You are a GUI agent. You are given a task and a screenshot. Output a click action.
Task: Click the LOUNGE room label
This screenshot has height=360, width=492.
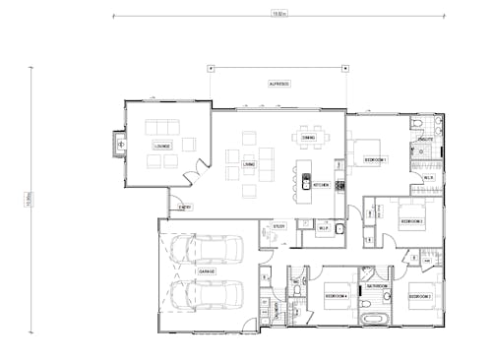[x=161, y=146]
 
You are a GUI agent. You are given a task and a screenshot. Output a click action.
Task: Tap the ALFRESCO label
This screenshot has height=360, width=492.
[x=279, y=84]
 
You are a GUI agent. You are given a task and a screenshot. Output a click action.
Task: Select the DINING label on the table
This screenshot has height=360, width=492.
[x=309, y=138]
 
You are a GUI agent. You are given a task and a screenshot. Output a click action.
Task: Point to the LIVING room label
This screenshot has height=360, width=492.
[x=249, y=164]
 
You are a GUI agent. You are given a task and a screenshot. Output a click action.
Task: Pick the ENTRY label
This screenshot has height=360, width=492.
[x=184, y=207]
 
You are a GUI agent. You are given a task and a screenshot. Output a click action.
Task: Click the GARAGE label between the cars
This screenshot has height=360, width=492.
[x=207, y=270]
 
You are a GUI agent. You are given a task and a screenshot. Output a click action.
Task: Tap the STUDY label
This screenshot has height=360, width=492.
[x=278, y=226]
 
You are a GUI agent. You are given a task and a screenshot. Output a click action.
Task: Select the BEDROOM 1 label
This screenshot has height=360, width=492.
[x=376, y=158]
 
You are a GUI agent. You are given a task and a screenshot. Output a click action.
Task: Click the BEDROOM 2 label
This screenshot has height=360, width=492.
[x=422, y=295]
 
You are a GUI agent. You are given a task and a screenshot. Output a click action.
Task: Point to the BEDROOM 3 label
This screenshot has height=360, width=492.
[x=411, y=221]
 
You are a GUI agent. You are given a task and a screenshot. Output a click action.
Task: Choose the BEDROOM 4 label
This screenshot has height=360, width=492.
[x=337, y=295]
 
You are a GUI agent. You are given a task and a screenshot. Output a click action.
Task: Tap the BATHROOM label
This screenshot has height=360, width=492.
[x=378, y=285]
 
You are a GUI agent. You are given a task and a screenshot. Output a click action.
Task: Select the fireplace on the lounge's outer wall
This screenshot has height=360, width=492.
[x=121, y=143]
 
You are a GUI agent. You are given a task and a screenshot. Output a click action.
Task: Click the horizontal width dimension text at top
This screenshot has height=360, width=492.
[x=280, y=14]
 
